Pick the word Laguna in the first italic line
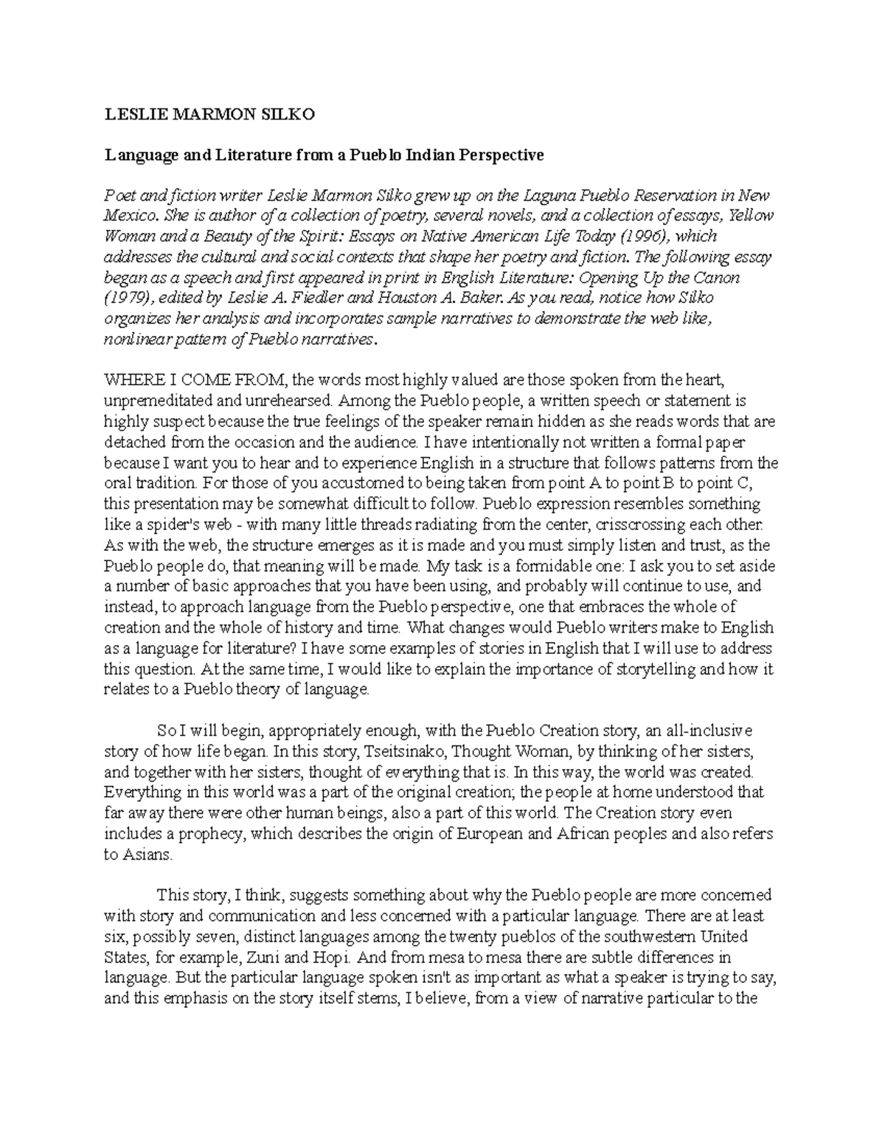pyautogui.click(x=547, y=196)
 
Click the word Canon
pyautogui.click(x=718, y=278)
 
